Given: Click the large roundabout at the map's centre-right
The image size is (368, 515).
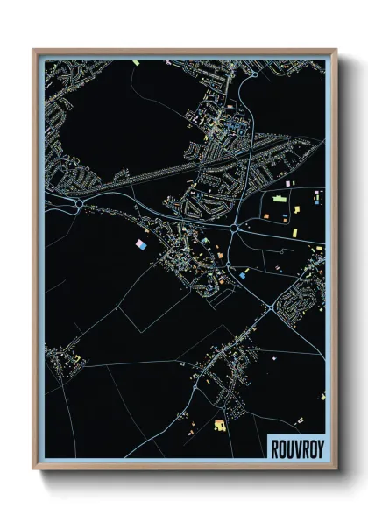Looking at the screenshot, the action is click(235, 229).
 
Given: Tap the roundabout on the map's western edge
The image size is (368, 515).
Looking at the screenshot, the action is click(79, 204).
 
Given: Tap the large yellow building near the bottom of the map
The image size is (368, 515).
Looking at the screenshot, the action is click(218, 425).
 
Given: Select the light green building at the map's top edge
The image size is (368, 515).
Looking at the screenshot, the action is click(138, 63).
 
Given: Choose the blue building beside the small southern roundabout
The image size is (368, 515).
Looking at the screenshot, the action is click(243, 273).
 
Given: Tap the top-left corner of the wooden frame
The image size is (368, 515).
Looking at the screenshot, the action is click(34, 50).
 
